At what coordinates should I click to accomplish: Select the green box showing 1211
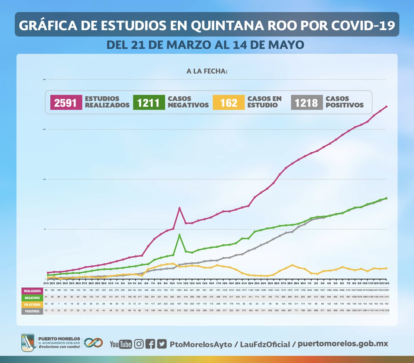(149, 103)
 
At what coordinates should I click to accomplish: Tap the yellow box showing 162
(228, 103)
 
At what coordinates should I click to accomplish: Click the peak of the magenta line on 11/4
(179, 208)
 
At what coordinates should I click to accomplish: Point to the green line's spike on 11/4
(179, 235)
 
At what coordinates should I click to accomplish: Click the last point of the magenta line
(386, 106)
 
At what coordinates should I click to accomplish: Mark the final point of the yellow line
(386, 268)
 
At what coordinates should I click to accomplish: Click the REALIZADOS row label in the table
(32, 291)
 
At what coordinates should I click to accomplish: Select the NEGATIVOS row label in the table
(32, 298)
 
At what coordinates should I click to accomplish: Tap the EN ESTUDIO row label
(32, 305)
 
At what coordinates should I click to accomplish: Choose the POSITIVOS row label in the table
(32, 311)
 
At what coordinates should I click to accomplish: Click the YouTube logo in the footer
(121, 344)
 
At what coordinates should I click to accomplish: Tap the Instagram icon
(139, 344)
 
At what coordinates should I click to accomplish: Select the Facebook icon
(150, 344)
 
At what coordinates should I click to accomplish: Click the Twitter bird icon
(161, 344)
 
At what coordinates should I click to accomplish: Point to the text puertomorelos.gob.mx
(343, 344)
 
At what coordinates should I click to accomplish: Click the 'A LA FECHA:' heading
(207, 71)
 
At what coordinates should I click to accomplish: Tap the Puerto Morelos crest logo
(28, 343)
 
